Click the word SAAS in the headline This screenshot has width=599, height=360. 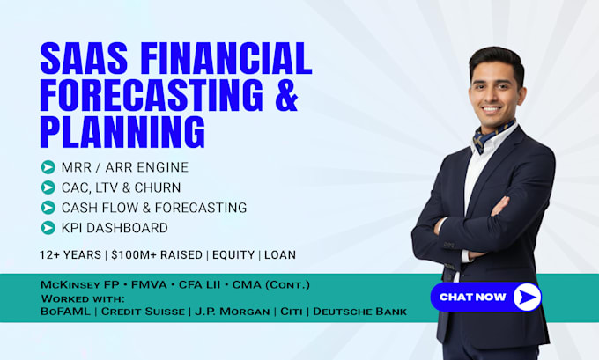tap(84, 58)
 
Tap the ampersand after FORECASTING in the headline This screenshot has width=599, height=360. tap(286, 95)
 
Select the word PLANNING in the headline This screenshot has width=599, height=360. tap(122, 132)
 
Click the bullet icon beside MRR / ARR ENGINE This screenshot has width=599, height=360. tap(48, 167)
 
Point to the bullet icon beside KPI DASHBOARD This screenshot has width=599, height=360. tap(48, 227)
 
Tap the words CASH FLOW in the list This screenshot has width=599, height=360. tap(97, 208)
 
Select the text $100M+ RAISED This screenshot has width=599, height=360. tap(157, 254)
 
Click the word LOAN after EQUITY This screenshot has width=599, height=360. tap(280, 254)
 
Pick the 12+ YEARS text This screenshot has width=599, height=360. tap(70, 254)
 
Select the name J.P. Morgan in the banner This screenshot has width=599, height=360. tap(233, 312)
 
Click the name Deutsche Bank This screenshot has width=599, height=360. tap(360, 312)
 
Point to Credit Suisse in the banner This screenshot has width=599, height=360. tap(143, 312)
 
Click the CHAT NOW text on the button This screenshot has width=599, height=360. tap(472, 297)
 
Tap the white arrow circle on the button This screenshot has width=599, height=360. tap(527, 297)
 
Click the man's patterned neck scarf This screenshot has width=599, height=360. tap(491, 136)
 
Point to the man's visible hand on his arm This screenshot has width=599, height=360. tap(499, 207)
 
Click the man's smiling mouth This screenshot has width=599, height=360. tap(492, 109)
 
